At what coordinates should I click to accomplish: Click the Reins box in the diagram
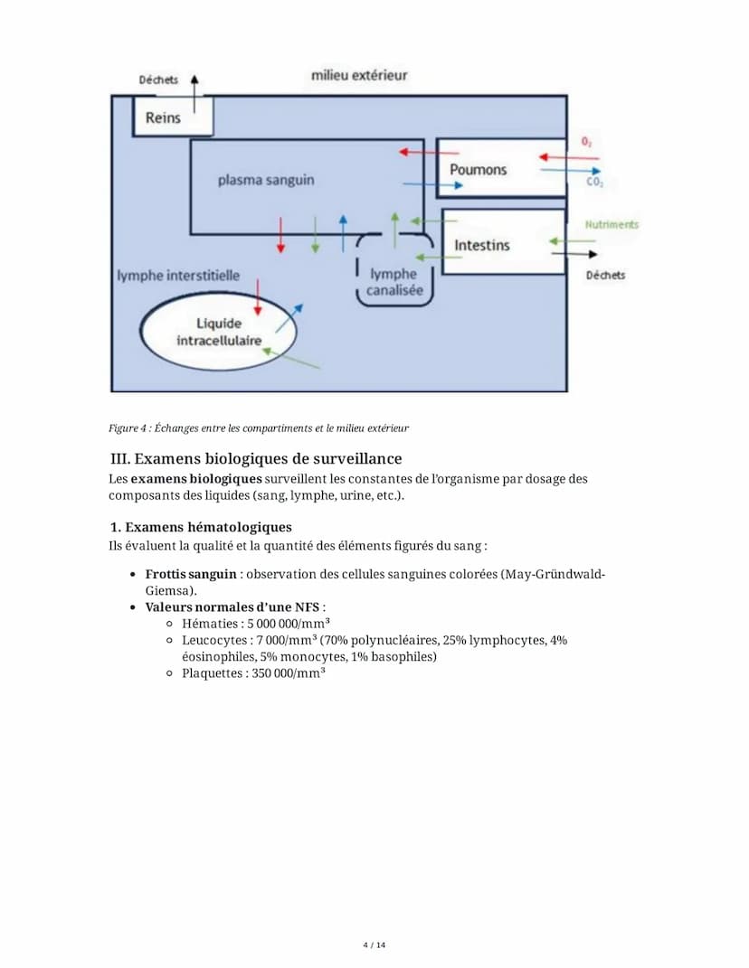pyautogui.click(x=164, y=117)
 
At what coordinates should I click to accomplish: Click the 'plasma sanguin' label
pyautogui.click(x=266, y=180)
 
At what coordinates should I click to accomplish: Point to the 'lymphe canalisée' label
pyautogui.click(x=393, y=282)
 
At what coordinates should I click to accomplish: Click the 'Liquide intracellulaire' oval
pyautogui.click(x=220, y=332)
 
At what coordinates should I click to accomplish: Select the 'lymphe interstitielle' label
pyautogui.click(x=178, y=275)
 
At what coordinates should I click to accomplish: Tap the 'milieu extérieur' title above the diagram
pyautogui.click(x=359, y=75)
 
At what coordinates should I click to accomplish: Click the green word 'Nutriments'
pyautogui.click(x=612, y=224)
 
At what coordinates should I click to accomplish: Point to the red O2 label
pyautogui.click(x=587, y=142)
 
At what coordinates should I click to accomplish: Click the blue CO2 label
pyautogui.click(x=594, y=183)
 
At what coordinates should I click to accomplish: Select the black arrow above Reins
pyautogui.click(x=194, y=92)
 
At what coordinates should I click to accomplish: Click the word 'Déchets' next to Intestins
pyautogui.click(x=605, y=275)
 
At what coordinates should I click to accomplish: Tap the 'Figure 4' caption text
pyautogui.click(x=258, y=428)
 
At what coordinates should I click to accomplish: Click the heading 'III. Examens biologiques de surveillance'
pyautogui.click(x=255, y=459)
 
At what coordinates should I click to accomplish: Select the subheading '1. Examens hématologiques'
pyautogui.click(x=200, y=527)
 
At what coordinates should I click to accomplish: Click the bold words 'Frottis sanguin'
pyautogui.click(x=191, y=574)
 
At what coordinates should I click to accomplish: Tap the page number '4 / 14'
pyautogui.click(x=374, y=945)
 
